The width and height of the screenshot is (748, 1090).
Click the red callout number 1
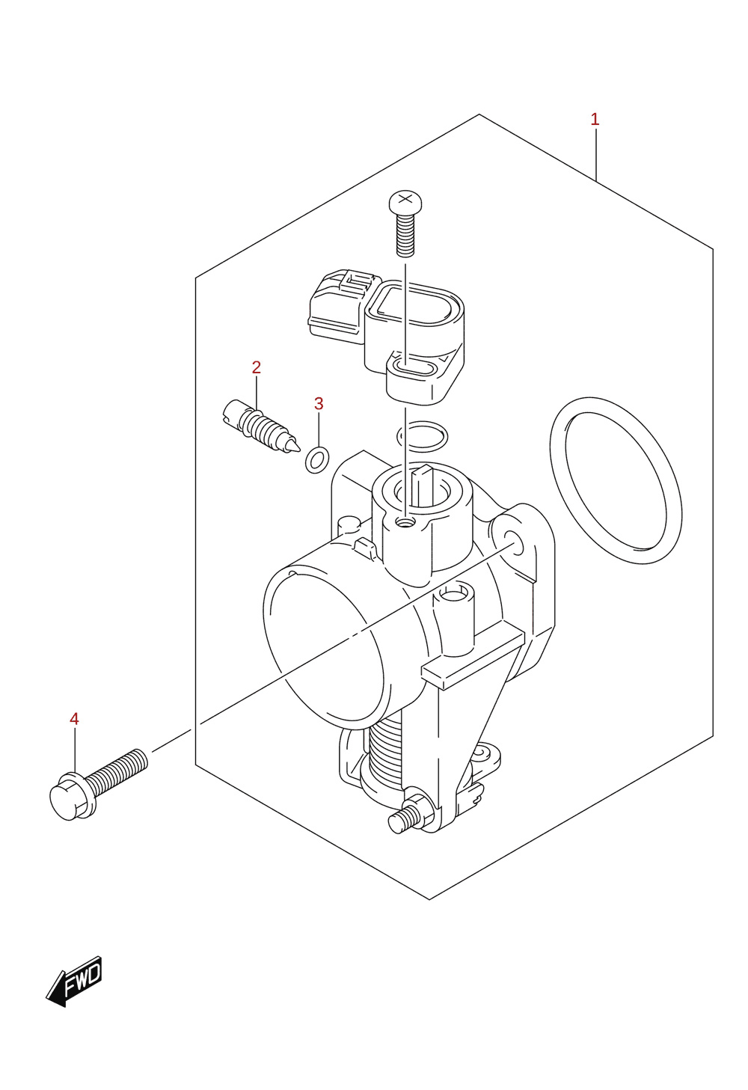click(x=594, y=119)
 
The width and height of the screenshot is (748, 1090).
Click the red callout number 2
click(x=257, y=367)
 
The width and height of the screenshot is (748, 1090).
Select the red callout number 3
click(x=319, y=403)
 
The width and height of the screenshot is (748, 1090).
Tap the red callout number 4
click(x=74, y=718)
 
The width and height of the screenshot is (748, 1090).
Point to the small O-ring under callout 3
click(x=317, y=459)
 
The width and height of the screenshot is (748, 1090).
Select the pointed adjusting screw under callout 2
click(x=261, y=426)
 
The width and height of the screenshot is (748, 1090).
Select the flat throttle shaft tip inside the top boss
click(x=422, y=485)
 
